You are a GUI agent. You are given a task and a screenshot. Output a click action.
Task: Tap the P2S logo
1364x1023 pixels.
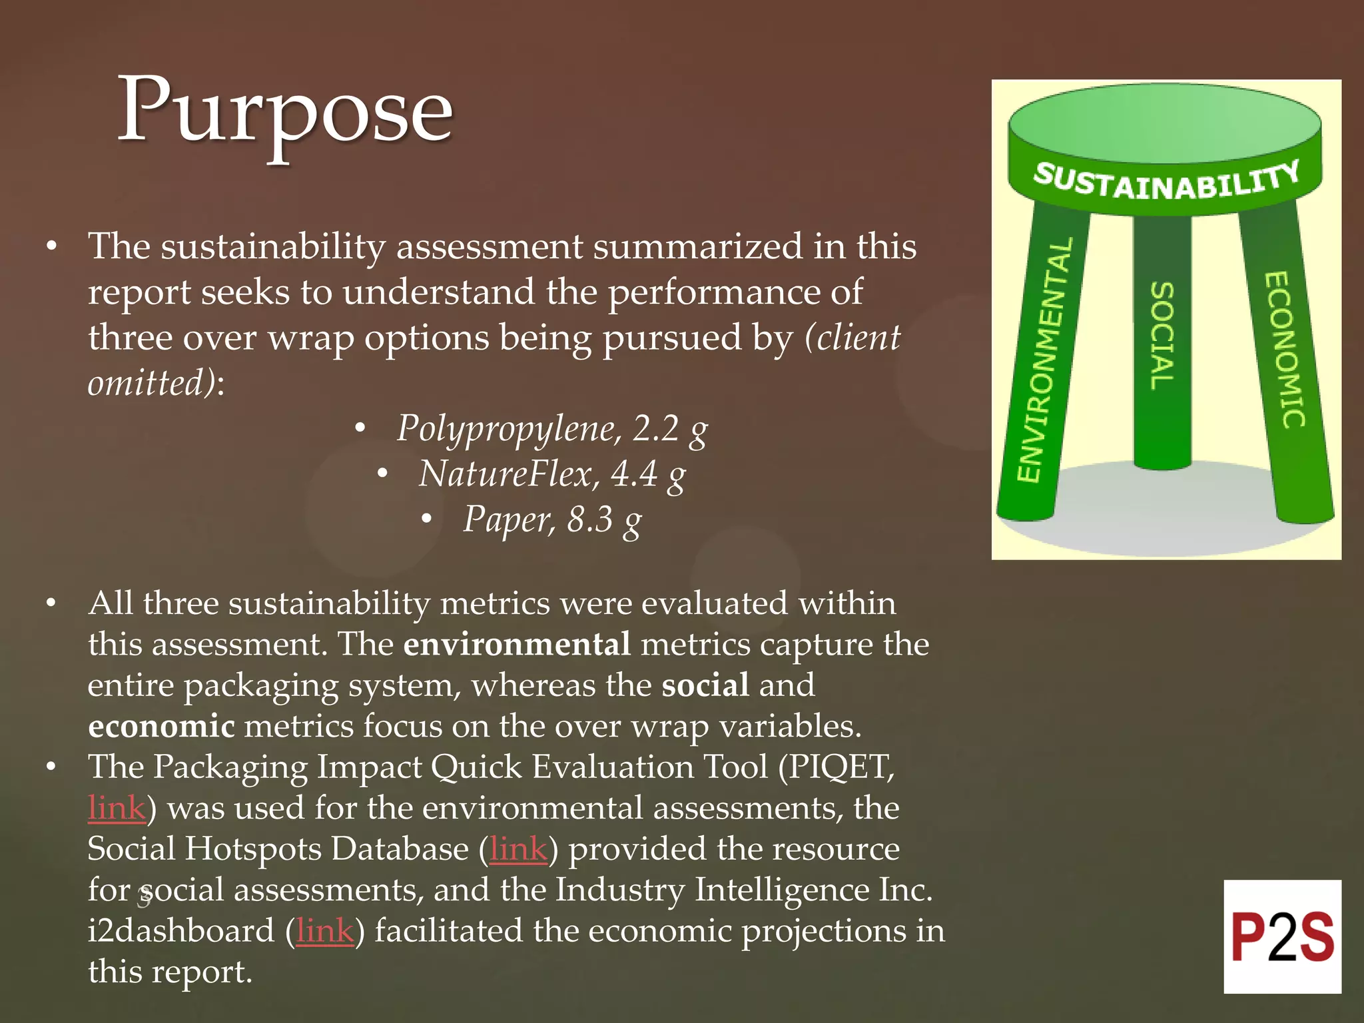coord(1282,936)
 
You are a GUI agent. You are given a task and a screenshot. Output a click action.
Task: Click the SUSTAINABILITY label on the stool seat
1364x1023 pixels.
coord(1166,182)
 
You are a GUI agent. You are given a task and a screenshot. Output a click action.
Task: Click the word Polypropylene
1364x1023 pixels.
coord(509,428)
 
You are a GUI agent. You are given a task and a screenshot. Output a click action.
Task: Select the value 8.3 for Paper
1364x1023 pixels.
coord(589,519)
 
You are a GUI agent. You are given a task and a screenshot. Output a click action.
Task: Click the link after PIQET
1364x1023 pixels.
coord(117,808)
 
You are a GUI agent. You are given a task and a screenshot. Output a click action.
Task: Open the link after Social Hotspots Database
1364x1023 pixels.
coord(518,849)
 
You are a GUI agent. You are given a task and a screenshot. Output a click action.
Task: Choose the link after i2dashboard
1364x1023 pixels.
coord(324,931)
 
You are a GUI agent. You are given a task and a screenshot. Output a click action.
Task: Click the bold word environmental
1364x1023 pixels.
coord(517,645)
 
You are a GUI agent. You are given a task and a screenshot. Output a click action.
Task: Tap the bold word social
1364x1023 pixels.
coord(705,685)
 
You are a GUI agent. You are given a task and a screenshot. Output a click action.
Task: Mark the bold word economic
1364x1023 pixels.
coord(161,726)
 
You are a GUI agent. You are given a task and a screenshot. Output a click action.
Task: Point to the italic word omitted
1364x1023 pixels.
coord(152,384)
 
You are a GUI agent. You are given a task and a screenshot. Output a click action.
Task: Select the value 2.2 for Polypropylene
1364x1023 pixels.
coord(655,428)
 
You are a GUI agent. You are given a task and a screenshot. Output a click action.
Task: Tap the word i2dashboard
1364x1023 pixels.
coord(180,931)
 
